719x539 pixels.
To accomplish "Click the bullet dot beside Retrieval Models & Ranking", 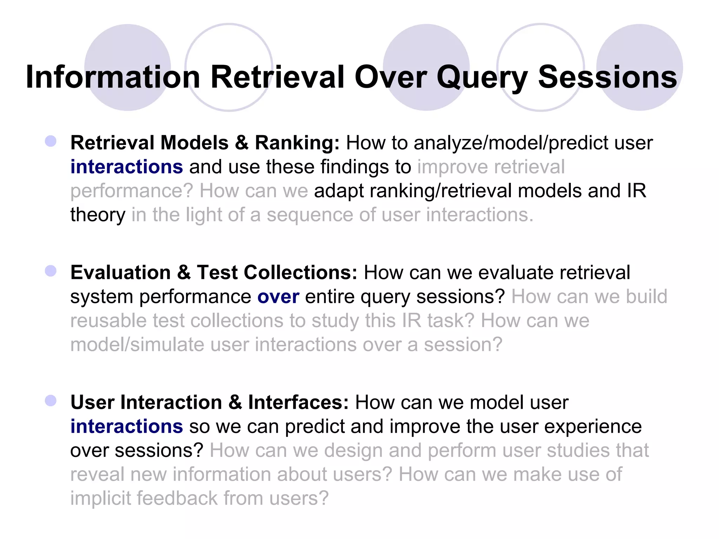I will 51,141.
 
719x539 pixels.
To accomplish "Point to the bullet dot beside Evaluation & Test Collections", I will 51,271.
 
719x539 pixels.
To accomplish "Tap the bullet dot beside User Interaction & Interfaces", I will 51,400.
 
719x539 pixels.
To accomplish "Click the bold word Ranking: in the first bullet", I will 297,143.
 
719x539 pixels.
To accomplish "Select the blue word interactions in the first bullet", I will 126,167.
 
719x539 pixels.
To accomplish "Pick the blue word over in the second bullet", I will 278,297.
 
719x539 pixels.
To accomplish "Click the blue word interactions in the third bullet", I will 126,426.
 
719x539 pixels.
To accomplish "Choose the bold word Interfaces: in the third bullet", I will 298,402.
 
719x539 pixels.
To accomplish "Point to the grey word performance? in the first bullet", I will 132,192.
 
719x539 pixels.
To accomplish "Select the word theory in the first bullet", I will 98,215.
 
